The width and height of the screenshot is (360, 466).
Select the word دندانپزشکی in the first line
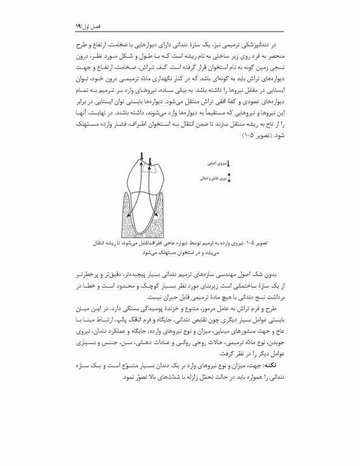256,44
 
